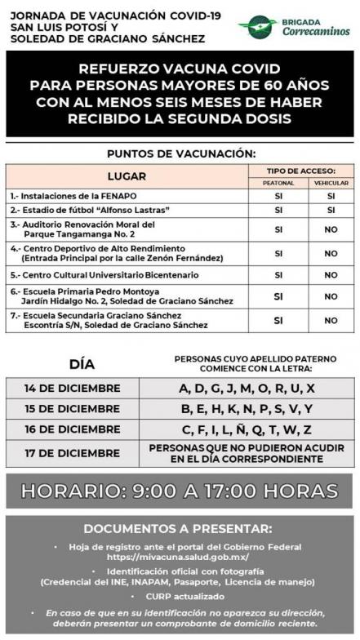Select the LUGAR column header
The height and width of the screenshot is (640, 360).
tap(127, 176)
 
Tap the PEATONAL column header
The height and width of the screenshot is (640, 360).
tap(278, 183)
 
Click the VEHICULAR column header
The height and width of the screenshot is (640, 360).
tap(331, 183)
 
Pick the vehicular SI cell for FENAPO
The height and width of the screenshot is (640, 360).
tap(331, 196)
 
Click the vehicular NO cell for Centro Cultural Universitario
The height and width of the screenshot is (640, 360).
tap(331, 275)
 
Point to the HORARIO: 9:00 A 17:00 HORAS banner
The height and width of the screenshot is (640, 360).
tap(180, 491)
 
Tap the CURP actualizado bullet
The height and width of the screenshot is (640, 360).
tap(180, 596)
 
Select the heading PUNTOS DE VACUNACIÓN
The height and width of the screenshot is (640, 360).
tap(180, 153)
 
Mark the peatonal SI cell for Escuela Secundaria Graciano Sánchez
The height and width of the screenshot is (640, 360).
tap(278, 320)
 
